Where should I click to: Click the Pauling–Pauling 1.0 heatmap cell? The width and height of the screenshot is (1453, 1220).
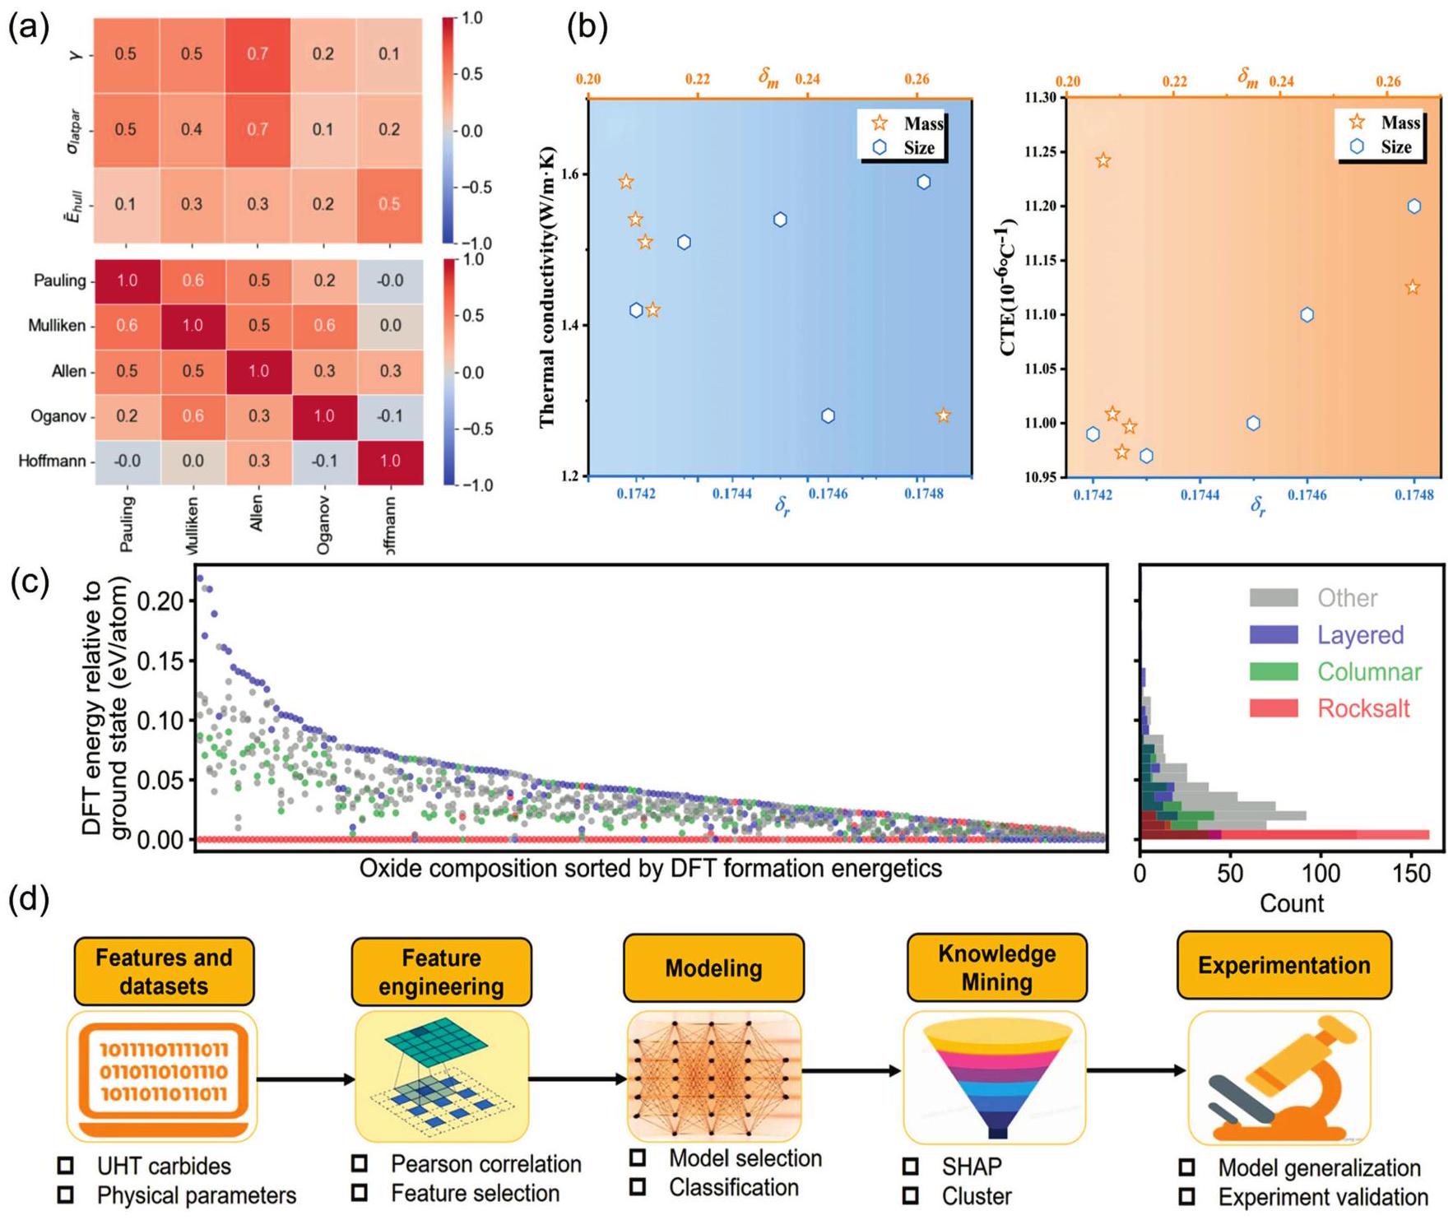pos(127,281)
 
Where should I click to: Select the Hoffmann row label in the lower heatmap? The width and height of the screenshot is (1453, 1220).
pos(52,462)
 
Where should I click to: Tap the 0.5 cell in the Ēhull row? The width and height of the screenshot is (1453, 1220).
pos(389,205)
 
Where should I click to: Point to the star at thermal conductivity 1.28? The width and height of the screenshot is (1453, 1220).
pos(943,416)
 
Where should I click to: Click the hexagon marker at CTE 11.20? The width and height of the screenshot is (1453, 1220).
pos(1414,206)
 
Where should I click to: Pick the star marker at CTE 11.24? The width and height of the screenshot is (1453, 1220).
pos(1103,161)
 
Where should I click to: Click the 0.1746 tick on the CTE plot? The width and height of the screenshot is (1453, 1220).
pos(1307,495)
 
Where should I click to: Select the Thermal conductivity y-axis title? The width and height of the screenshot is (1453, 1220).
pos(547,288)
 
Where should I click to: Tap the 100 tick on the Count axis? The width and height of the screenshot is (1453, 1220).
pos(1321,874)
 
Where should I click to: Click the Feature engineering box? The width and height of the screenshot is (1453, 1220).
pos(441,972)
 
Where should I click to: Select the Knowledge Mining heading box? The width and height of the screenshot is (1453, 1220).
pos(996,968)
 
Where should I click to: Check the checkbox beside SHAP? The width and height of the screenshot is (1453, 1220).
pos(911,1167)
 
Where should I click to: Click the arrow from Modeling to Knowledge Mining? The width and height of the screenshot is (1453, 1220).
pos(852,1071)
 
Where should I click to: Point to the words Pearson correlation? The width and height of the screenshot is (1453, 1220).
pos(485,1165)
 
